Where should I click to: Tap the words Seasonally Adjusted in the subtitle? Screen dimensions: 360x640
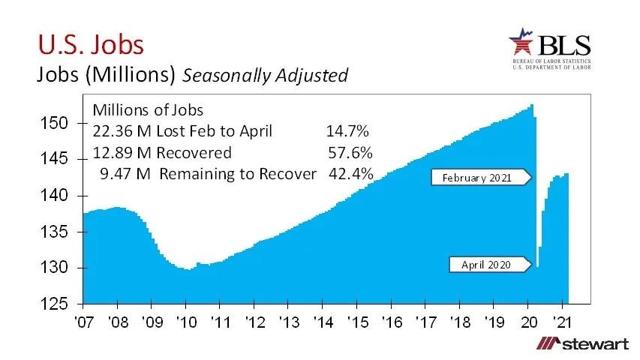click(x=266, y=75)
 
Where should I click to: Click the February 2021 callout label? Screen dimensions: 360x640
click(x=476, y=178)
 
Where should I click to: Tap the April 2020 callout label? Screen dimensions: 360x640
click(x=484, y=265)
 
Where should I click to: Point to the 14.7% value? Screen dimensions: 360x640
click(x=347, y=131)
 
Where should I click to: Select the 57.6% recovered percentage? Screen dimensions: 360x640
click(x=350, y=153)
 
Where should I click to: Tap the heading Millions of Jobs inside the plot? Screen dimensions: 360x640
click(x=148, y=109)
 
